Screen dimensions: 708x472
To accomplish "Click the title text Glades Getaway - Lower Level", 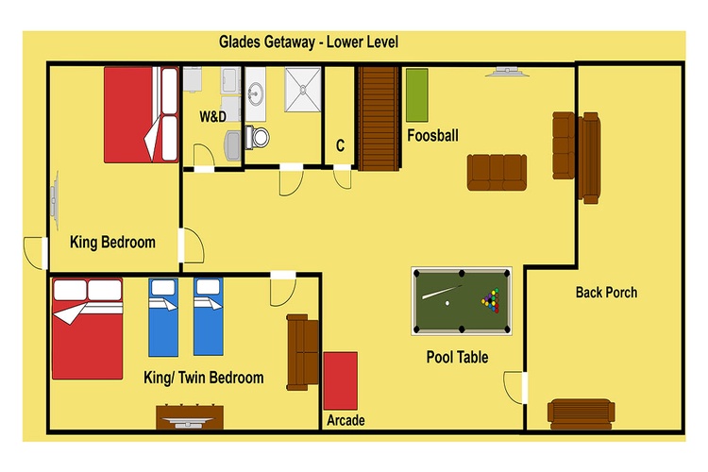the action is coord(309,42).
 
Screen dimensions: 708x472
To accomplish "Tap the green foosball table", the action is coord(416,95).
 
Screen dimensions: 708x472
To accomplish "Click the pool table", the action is coord(462,301).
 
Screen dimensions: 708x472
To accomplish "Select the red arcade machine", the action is coord(341,381).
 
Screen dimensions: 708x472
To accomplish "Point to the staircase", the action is coord(379,118).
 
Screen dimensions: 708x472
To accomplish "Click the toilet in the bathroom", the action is coord(258,137).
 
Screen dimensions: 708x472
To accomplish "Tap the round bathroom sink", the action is coord(255,94).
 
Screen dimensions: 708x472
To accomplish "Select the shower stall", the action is coord(302,90).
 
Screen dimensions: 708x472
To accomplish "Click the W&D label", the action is coord(212,116).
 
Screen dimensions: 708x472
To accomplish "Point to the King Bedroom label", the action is coord(112,242).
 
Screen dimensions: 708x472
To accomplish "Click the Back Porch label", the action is coord(606,293).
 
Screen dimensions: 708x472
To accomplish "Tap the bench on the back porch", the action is coord(581,413).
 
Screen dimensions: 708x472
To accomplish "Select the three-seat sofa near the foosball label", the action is coord(497,172).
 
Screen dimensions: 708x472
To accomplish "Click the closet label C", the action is coord(340,146).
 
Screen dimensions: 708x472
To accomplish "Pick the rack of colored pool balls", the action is coord(491,300).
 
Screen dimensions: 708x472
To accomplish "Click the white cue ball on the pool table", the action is coord(447,303).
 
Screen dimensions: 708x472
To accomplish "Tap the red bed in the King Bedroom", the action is coord(142,115).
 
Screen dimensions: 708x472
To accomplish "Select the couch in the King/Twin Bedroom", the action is coord(303,352).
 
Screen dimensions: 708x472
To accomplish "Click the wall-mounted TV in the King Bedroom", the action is coord(55,200).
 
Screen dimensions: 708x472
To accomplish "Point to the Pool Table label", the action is coord(458,357).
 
